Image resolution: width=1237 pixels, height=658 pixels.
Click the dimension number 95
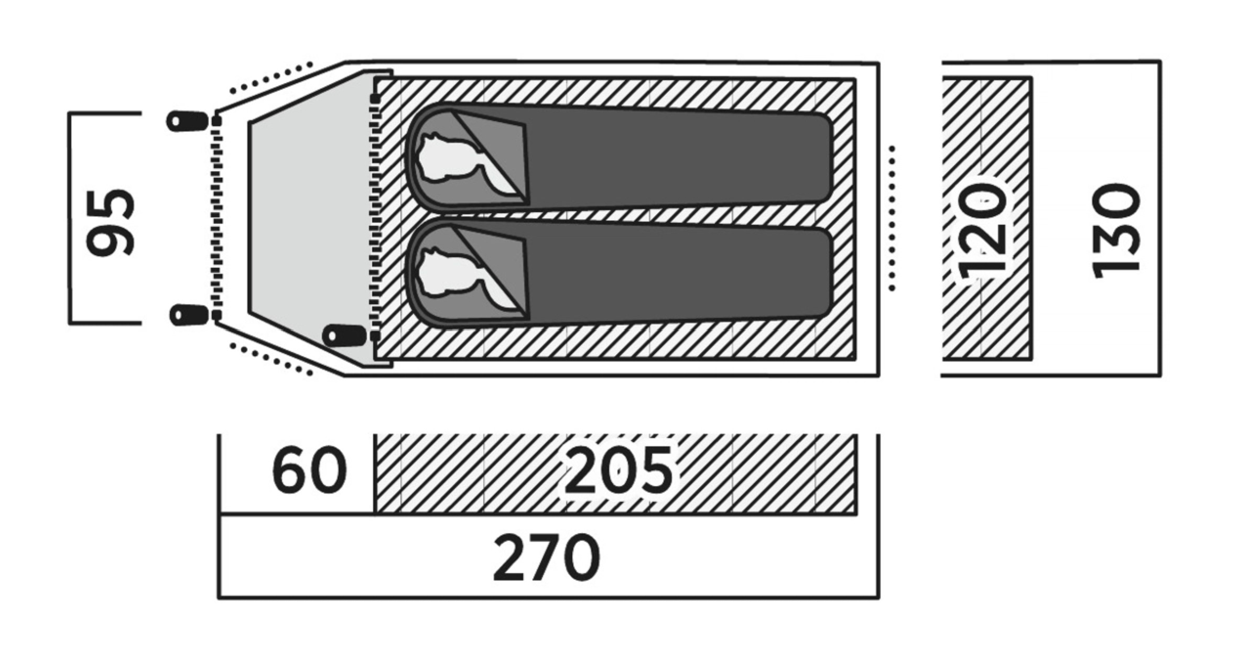click(111, 224)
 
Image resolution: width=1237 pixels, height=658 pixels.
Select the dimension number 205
click(618, 470)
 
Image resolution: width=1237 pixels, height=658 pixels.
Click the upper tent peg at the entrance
click(186, 121)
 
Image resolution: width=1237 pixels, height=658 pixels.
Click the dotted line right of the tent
click(892, 218)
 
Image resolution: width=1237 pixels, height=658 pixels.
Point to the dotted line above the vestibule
click(272, 78)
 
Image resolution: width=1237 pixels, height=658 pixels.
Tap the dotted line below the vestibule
click(272, 359)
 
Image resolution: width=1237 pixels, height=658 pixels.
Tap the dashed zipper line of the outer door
click(216, 218)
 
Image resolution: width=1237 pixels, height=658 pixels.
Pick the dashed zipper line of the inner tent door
click(374, 218)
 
